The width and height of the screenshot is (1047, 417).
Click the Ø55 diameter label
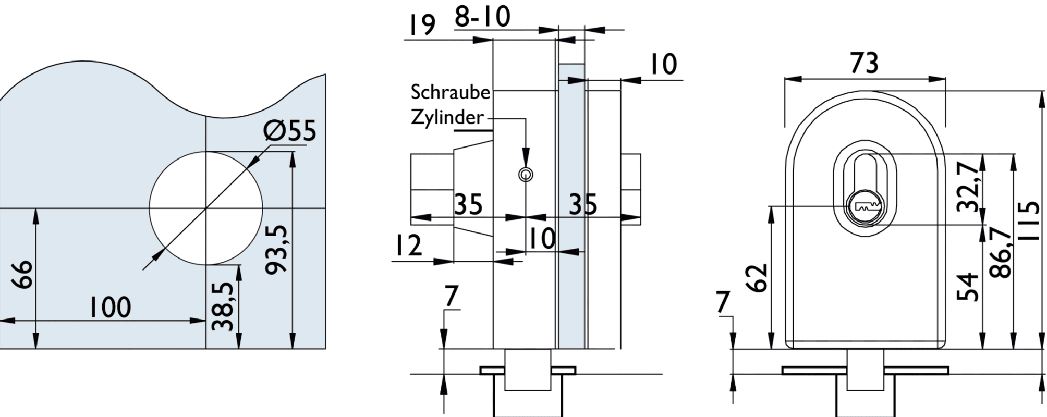290,130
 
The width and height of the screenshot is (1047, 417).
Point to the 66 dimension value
24,275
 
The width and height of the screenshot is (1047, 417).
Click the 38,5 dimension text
223,307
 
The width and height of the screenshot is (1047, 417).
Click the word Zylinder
447,117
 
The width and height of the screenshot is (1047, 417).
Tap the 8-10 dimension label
482,17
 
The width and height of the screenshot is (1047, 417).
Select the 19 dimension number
421,25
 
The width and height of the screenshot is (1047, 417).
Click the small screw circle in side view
526,174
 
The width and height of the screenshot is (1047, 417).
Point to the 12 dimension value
408,246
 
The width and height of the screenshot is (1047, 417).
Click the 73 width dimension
864,63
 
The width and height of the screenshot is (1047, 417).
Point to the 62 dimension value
758,278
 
